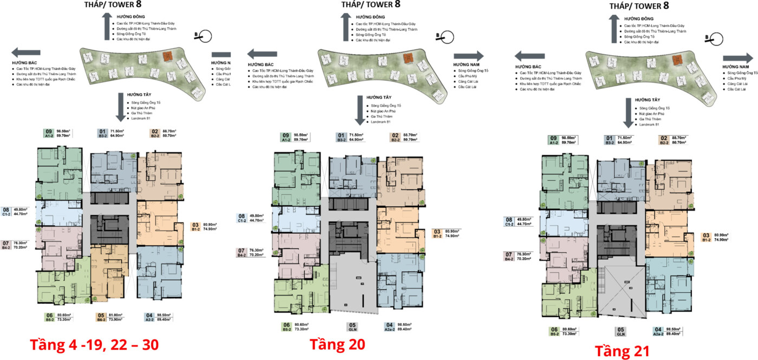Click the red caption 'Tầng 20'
click(x=337, y=344)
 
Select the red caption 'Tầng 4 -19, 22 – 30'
click(x=94, y=345)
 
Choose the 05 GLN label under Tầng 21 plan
click(x=620, y=331)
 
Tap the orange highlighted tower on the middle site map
click(x=407, y=58)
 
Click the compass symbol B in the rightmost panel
click(x=716, y=38)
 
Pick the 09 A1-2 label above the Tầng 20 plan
click(x=295, y=138)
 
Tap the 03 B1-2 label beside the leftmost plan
click(x=204, y=226)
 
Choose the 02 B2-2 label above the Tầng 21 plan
click(x=671, y=140)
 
